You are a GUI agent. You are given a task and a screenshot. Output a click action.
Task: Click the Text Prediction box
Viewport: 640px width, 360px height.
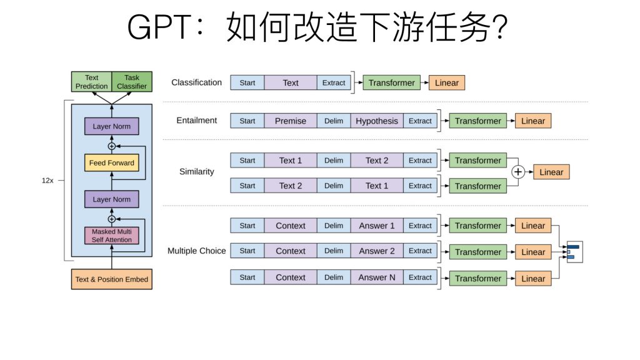pos(92,82)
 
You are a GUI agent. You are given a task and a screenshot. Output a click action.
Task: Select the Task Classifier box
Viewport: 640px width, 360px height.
pos(132,82)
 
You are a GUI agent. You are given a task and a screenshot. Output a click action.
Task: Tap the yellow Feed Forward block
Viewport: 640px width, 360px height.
pos(112,163)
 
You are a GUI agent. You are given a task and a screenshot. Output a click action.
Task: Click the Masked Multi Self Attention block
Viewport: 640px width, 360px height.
pos(112,236)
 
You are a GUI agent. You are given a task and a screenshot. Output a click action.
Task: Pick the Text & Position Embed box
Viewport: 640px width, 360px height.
pos(112,279)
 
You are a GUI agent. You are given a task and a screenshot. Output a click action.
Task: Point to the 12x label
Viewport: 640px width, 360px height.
pos(47,180)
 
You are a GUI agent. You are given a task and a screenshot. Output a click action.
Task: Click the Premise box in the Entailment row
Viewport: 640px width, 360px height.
pos(291,121)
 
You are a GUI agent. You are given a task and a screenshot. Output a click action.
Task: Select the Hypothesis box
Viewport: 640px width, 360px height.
pos(377,121)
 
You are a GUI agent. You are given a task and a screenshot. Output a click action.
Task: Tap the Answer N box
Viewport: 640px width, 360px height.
pos(377,277)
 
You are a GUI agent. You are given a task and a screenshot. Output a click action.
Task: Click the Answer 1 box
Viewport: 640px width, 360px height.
pos(377,226)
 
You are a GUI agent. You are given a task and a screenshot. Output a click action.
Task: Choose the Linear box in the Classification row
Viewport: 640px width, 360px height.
pos(447,82)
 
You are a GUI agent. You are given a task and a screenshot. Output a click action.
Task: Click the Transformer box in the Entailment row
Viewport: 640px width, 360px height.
pos(478,121)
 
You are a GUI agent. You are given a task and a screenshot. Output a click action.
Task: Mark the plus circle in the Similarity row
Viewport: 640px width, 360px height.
pos(517,172)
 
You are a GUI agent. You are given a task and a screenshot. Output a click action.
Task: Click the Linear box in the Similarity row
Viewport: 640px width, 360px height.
pos(551,172)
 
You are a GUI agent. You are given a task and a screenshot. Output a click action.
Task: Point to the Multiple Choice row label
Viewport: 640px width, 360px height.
pos(197,251)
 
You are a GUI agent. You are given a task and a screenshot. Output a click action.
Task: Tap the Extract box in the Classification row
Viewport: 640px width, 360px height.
pos(334,82)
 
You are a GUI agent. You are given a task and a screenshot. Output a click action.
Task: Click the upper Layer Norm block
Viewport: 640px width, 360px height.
pos(112,126)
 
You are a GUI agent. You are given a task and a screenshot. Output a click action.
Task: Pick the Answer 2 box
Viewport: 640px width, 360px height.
pos(377,251)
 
